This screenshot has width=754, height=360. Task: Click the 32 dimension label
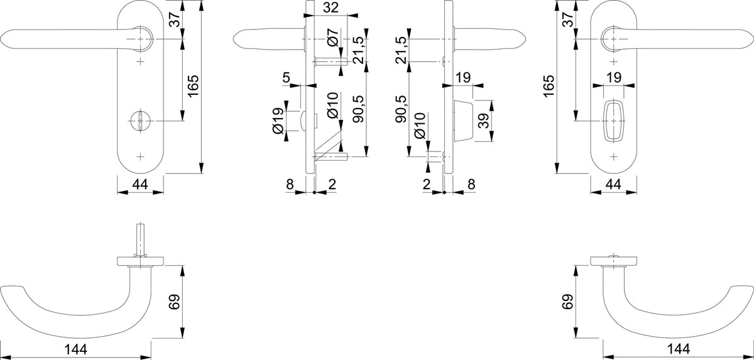coord(331,8)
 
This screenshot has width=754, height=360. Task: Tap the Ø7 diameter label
coord(332,37)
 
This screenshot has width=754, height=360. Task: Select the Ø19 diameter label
coord(279,121)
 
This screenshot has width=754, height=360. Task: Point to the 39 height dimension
coord(484,121)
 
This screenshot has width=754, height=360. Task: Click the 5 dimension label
coord(286,78)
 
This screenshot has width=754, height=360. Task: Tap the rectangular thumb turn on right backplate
coord(614,120)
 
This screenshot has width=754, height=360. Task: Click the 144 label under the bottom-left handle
coord(76,349)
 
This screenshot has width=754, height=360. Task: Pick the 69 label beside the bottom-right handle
coord(568,302)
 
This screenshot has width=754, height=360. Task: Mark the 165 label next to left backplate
coord(194,87)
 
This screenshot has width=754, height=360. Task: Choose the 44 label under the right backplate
coord(613,184)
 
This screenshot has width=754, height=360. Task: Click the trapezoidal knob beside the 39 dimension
coord(463,121)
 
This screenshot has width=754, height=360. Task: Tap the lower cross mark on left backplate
coord(141,156)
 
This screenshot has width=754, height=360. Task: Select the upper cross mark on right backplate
coord(614,62)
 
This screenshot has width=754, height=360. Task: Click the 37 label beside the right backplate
coord(568,19)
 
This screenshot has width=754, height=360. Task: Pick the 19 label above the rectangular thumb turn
coord(614,78)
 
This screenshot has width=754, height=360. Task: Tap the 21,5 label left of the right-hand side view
coord(401,50)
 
